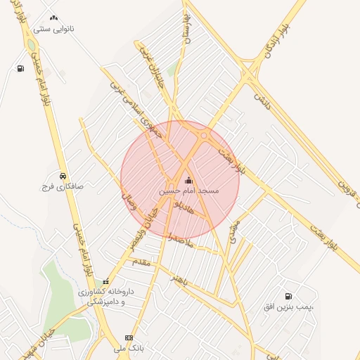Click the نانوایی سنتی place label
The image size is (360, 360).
tap(58, 30)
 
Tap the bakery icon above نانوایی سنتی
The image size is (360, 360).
tap(53, 19)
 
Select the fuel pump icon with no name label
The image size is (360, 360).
tap(20, 68)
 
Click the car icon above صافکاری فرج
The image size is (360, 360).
tap(63, 175)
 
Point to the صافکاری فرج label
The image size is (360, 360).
tap(63, 188)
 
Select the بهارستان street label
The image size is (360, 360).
tap(187, 28)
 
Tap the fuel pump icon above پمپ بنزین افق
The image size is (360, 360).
tap(288, 296)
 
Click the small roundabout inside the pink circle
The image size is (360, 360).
tap(204, 135)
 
